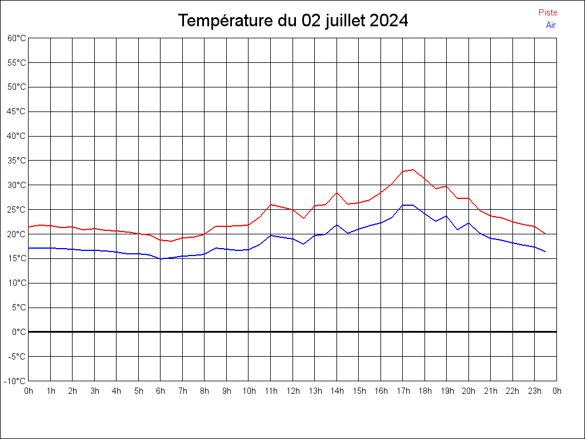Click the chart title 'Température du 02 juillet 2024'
[293, 21]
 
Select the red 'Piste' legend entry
[548, 13]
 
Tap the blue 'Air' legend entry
[551, 25]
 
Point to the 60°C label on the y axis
[17, 38]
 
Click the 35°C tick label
[17, 161]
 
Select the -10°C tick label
[15, 381]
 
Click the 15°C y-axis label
[17, 258]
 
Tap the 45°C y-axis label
[17, 111]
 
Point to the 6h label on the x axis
[161, 391]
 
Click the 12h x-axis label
[292, 391]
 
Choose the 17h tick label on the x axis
[403, 391]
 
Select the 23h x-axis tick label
[535, 391]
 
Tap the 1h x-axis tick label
[51, 391]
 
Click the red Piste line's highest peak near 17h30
[413, 169]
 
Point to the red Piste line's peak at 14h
[336, 193]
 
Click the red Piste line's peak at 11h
[271, 205]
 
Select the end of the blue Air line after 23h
[546, 252]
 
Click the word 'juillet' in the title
[346, 21]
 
